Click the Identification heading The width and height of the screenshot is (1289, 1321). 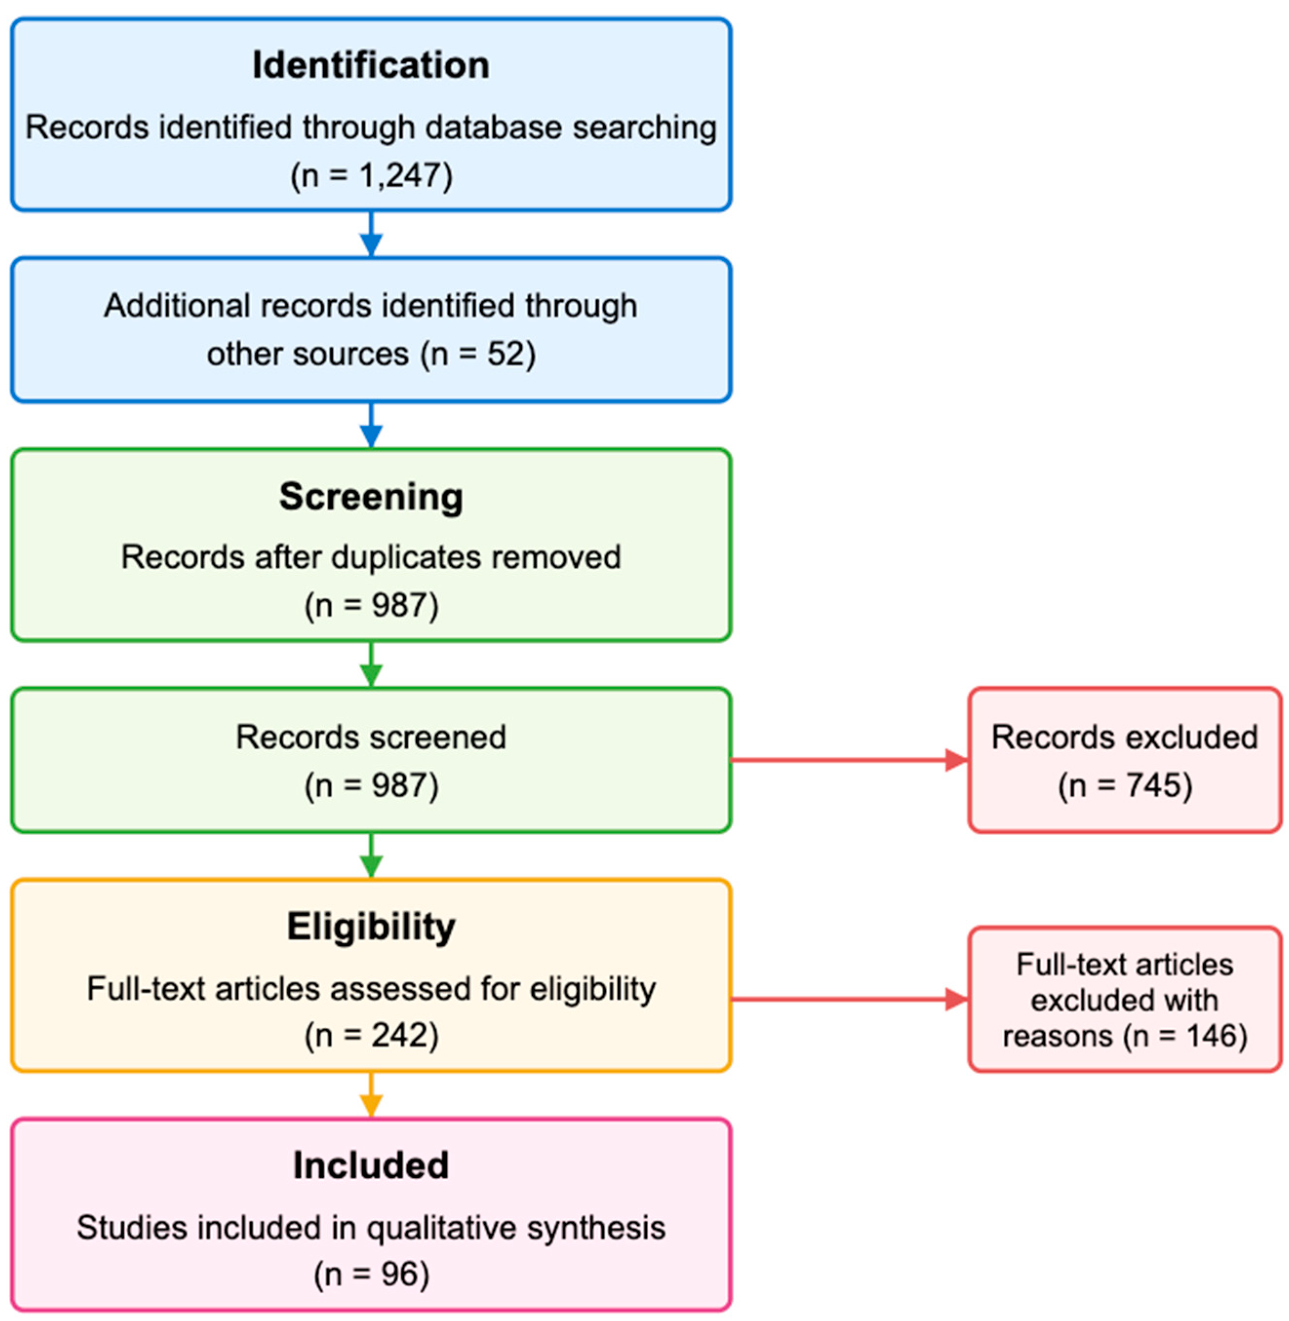[x=371, y=66]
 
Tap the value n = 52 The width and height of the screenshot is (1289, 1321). [x=477, y=354]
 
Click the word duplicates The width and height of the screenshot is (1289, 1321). [x=406, y=557]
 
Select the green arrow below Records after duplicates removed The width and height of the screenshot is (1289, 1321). [x=371, y=665]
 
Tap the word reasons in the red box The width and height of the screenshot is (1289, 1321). [x=1057, y=1036]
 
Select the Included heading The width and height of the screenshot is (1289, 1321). [x=371, y=1166]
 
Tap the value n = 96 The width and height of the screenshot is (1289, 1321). [x=371, y=1275]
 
